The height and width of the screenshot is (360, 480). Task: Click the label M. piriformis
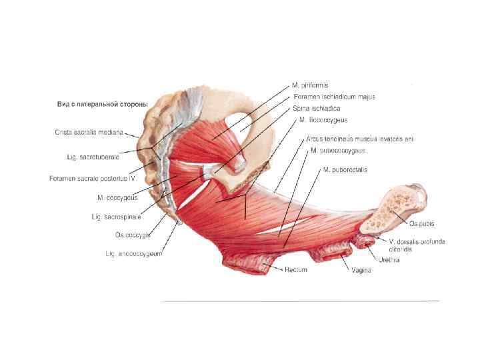(x=310, y=85)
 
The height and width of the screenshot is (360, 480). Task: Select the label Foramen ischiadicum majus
(x=334, y=97)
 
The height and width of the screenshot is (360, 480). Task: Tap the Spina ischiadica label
(x=316, y=108)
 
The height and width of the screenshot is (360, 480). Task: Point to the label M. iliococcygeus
(x=323, y=120)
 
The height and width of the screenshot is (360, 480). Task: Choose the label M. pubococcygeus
(x=337, y=151)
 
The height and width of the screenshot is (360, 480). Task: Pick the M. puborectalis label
(x=345, y=170)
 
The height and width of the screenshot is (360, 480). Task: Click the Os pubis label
(x=422, y=224)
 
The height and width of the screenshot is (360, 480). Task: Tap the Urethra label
(x=389, y=260)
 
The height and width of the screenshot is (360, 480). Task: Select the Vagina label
(x=361, y=270)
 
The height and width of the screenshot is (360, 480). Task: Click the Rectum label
(x=295, y=270)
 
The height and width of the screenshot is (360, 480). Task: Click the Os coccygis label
(x=133, y=234)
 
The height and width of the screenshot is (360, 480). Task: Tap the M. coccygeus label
(x=119, y=197)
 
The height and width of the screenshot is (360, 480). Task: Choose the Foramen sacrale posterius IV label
(x=93, y=179)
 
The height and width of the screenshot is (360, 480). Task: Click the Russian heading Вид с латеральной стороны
(x=102, y=105)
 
